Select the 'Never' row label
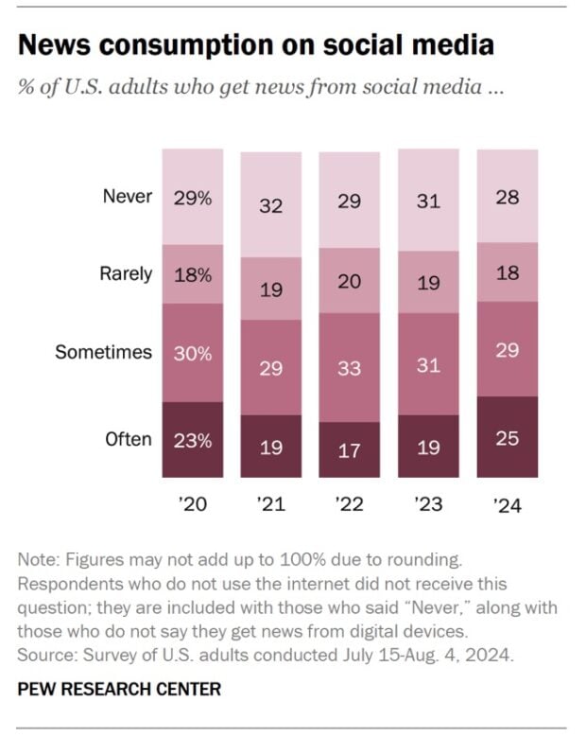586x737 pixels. (x=127, y=197)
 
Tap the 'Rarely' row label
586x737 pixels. (x=126, y=274)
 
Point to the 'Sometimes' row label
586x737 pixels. (x=103, y=352)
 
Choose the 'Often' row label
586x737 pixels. (x=128, y=439)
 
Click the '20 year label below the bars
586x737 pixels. (x=193, y=505)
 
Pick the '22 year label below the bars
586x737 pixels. (x=349, y=505)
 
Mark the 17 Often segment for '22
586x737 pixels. (x=350, y=450)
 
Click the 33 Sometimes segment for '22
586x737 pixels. (x=350, y=368)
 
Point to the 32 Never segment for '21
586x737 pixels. (x=271, y=204)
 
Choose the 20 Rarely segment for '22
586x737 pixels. (x=350, y=282)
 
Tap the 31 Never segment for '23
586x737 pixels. (x=428, y=202)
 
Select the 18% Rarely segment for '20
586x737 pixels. (x=193, y=274)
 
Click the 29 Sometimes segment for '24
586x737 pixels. (x=507, y=349)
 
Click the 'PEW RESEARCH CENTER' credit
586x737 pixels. (x=119, y=688)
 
